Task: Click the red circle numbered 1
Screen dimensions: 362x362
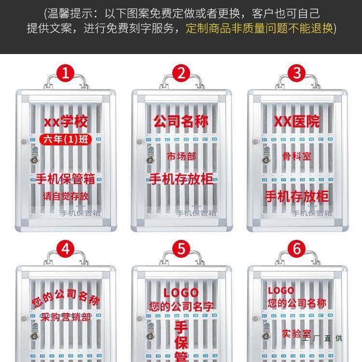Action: [x=66, y=73]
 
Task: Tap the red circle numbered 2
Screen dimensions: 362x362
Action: [x=181, y=73]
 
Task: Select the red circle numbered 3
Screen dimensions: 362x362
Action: [x=297, y=73]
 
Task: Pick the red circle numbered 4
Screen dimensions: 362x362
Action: [x=66, y=249]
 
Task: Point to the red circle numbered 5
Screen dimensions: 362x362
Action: [x=181, y=249]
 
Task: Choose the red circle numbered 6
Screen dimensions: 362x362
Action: [x=297, y=249]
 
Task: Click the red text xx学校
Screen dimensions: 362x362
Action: [x=66, y=122]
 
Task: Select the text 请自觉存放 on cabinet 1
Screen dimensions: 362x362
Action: [x=66, y=196]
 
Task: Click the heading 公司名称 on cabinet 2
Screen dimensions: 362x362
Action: [x=181, y=121]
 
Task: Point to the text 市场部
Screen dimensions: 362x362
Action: [x=181, y=156]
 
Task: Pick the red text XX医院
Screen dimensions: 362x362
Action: [x=297, y=121]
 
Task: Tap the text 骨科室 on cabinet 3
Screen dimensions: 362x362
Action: [x=297, y=156]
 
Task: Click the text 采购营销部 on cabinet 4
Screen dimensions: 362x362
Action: [x=66, y=317]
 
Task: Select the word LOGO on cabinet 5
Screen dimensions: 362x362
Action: [x=181, y=292]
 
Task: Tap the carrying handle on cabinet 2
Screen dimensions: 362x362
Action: [x=181, y=81]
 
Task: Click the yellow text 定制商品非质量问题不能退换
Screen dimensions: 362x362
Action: [x=259, y=28]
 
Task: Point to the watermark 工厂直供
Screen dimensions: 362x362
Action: [x=323, y=338]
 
